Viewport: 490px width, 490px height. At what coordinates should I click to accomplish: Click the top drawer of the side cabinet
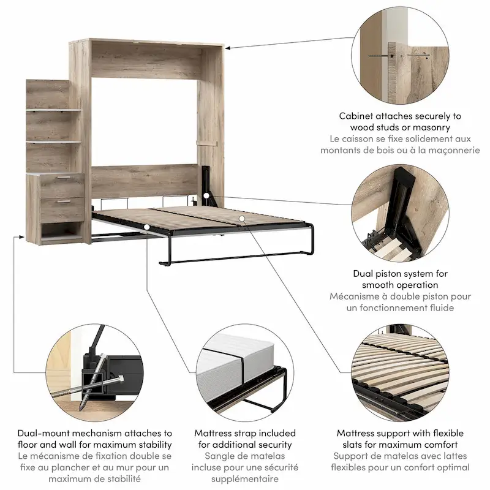pyautogui.click(x=61, y=185)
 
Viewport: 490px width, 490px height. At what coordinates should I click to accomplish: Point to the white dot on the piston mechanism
pyautogui.click(x=208, y=196)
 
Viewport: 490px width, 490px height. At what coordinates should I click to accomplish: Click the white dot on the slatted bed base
pyautogui.click(x=243, y=217)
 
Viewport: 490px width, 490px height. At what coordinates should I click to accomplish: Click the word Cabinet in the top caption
pyautogui.click(x=359, y=116)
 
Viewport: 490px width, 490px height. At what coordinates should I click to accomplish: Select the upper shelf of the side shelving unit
pyautogui.click(x=53, y=110)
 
